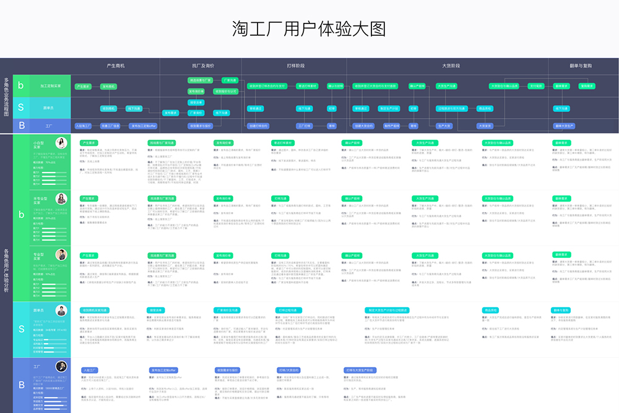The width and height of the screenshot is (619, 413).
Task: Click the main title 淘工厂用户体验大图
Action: tap(309, 28)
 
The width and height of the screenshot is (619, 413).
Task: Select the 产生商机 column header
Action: tap(116, 65)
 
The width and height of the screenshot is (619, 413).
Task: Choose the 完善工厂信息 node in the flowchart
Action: tap(109, 126)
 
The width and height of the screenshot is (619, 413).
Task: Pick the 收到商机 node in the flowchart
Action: tap(109, 108)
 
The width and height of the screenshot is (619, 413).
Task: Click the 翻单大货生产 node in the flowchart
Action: tap(565, 126)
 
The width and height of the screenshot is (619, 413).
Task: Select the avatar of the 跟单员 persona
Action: tap(62, 310)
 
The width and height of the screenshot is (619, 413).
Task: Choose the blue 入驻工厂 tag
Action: tap(91, 370)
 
